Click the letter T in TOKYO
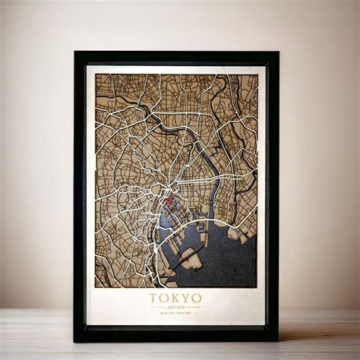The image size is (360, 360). [154, 298]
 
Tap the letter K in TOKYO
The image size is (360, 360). [175, 298]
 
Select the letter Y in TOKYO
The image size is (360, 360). [186, 298]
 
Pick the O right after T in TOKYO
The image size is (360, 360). [165, 298]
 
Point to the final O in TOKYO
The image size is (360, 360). [197, 298]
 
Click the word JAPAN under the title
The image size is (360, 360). [175, 308]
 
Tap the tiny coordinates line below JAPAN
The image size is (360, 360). [175, 314]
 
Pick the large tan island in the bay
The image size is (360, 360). [191, 261]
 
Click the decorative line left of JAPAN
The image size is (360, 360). [158, 308]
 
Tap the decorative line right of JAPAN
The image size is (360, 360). [193, 308]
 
